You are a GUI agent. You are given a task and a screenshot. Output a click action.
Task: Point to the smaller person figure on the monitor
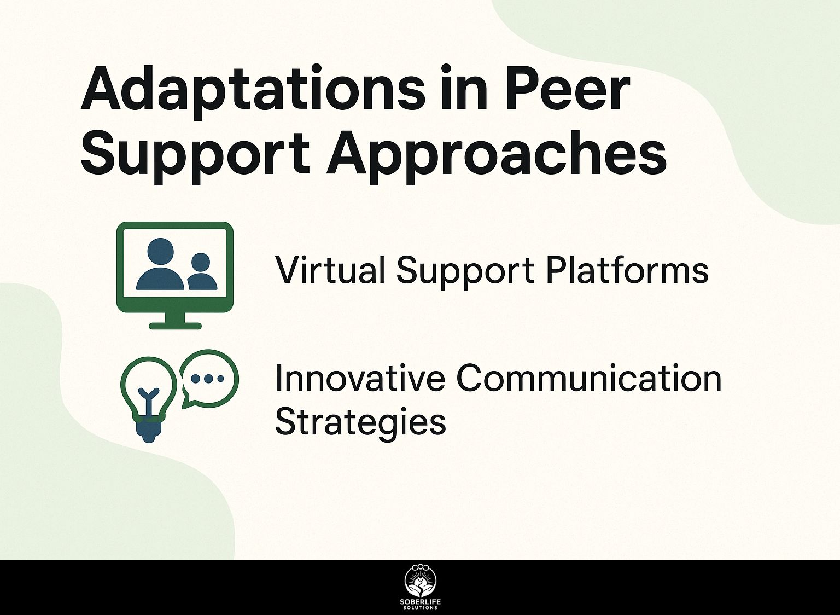point(202,272)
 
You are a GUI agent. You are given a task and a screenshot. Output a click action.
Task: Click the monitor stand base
point(175,326)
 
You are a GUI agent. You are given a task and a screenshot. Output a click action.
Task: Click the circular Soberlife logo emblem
point(420,587)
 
